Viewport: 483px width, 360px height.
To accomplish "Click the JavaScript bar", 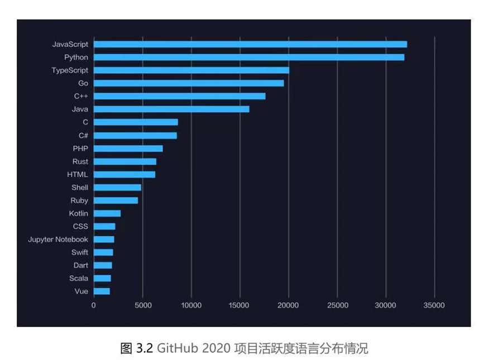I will [x=250, y=44].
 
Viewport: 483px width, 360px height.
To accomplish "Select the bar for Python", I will [x=249, y=57].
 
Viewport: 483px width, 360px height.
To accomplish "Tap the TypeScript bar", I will [x=192, y=70].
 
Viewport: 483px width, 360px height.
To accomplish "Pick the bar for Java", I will [x=171, y=109].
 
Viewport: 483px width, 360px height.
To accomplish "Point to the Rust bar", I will [x=125, y=161].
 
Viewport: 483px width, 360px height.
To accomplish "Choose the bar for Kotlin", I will [x=107, y=213].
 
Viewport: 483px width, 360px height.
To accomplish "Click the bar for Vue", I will [x=102, y=291].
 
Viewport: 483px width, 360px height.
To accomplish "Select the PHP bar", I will [x=128, y=148].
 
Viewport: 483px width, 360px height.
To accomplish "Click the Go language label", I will [x=83, y=83].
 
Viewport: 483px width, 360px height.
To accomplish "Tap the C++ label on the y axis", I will [x=81, y=96].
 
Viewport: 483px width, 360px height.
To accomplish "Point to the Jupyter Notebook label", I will [x=58, y=239].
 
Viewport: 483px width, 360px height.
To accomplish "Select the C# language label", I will [x=83, y=135].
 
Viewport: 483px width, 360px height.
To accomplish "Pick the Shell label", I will [x=79, y=188].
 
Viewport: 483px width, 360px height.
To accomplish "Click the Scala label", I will [x=79, y=278].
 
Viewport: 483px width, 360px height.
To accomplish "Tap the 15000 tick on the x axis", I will [x=240, y=305].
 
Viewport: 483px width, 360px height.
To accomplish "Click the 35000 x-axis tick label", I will [x=434, y=305].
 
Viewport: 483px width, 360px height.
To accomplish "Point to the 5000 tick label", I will [x=143, y=305].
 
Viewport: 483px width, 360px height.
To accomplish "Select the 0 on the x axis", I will [x=94, y=305].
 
